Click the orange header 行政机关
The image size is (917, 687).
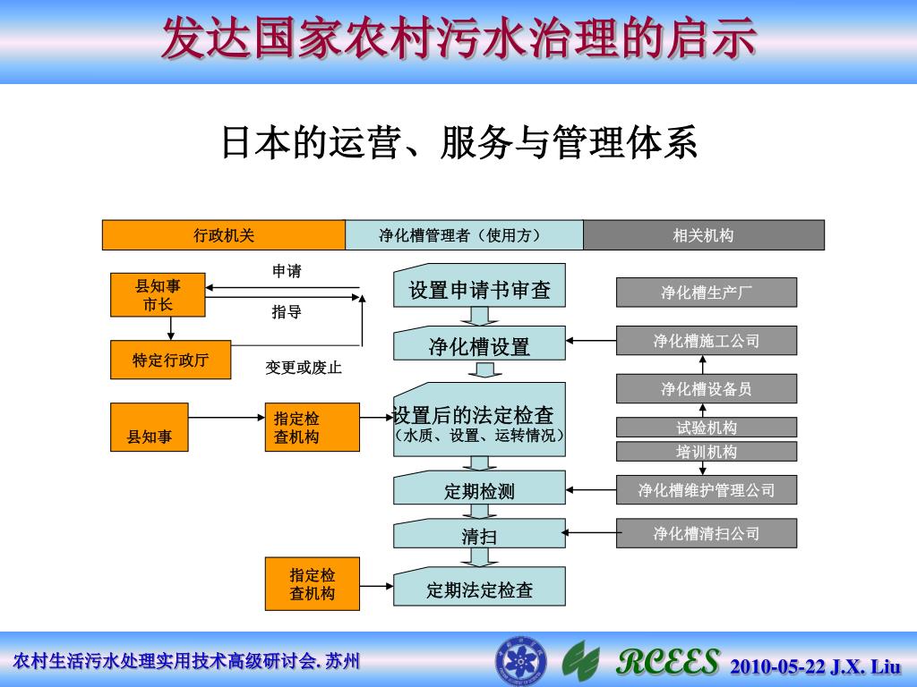pyautogui.click(x=224, y=235)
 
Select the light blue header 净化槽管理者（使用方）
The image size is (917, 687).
pyautogui.click(x=464, y=235)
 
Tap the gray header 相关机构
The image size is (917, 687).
pyautogui.click(x=703, y=235)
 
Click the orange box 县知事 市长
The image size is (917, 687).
pyautogui.click(x=158, y=295)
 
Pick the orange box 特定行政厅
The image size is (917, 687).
pyautogui.click(x=170, y=360)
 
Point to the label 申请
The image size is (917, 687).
pyautogui.click(x=287, y=271)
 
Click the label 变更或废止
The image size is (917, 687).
pyautogui.click(x=304, y=368)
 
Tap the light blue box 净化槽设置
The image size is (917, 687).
pyautogui.click(x=479, y=345)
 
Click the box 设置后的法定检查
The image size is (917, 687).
pyautogui.click(x=479, y=420)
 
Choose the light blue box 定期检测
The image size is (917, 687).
pyautogui.click(x=479, y=490)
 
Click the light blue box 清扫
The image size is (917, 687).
pyautogui.click(x=479, y=536)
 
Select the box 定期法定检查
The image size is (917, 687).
pyautogui.click(x=479, y=589)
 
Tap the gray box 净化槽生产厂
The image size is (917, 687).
pyautogui.click(x=706, y=293)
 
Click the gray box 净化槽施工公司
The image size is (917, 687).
pyautogui.click(x=706, y=341)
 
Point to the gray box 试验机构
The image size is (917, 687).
pyautogui.click(x=706, y=428)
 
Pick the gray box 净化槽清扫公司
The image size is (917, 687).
pyautogui.click(x=706, y=533)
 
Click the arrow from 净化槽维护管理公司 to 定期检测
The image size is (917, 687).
pyautogui.click(x=591, y=489)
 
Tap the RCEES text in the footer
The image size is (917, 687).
pyautogui.click(x=668, y=663)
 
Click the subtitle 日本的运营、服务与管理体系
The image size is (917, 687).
pyautogui.click(x=458, y=143)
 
